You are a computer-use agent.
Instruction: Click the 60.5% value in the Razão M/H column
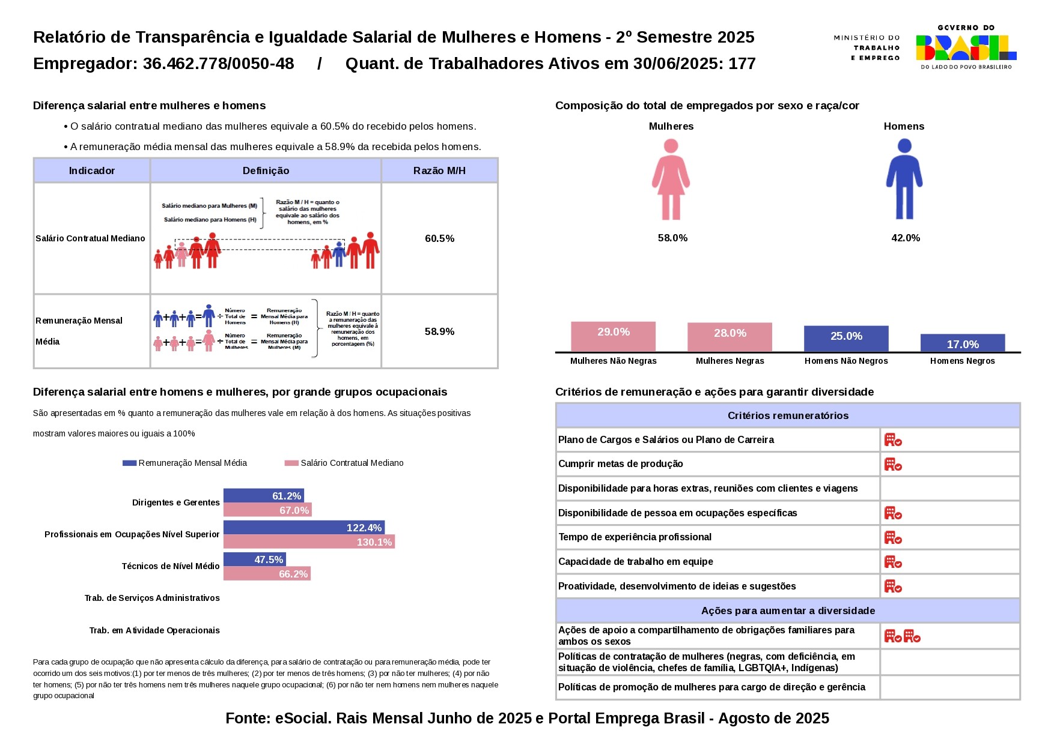[x=439, y=239]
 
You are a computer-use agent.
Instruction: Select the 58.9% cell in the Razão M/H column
[x=439, y=332]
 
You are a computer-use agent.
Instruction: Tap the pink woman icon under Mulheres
[x=671, y=179]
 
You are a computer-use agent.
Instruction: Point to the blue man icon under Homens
[x=904, y=179]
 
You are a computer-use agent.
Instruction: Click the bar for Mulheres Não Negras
[x=613, y=337]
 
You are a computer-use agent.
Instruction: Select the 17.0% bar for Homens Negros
[x=962, y=343]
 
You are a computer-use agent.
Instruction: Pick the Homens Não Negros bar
[x=846, y=339]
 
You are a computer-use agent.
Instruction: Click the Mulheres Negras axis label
[x=730, y=361]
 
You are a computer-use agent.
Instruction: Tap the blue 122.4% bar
[x=303, y=528]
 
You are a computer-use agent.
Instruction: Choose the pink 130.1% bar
[x=309, y=542]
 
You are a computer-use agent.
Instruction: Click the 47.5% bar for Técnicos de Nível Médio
[x=254, y=560]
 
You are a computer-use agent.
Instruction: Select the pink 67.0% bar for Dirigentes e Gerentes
[x=267, y=510]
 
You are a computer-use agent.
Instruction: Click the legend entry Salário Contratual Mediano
[x=352, y=463]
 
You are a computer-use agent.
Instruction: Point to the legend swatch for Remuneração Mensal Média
[x=129, y=463]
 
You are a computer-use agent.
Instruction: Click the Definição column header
[x=266, y=171]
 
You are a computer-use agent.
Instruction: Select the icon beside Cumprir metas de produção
[x=893, y=465]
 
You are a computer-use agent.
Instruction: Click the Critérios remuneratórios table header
[x=787, y=416]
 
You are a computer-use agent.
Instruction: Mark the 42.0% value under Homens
[x=906, y=238]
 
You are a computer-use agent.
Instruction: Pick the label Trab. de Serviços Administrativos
[x=152, y=599]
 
